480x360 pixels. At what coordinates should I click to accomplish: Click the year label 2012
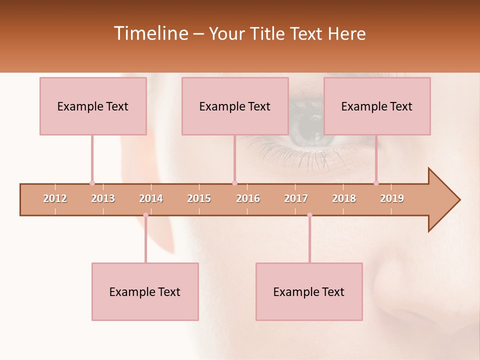55,198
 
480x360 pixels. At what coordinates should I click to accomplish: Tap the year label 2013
103,198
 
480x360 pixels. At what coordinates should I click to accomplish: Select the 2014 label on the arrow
151,198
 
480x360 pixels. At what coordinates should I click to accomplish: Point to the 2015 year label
199,198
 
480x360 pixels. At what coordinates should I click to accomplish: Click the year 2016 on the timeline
248,198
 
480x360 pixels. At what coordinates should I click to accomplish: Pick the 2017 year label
296,198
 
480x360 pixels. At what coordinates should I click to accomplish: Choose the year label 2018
344,198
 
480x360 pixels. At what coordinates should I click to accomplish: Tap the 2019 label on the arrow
392,198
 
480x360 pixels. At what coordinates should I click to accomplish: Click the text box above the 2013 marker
93,106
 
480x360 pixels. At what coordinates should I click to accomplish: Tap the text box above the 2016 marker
235,106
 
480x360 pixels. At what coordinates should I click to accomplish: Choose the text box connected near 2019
377,106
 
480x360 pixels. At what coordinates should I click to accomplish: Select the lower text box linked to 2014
145,291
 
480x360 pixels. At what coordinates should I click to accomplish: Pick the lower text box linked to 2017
309,291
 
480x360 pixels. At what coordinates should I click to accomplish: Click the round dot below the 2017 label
309,215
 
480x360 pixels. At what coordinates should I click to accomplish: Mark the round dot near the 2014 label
145,215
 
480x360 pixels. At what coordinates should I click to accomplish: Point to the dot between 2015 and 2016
234,183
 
